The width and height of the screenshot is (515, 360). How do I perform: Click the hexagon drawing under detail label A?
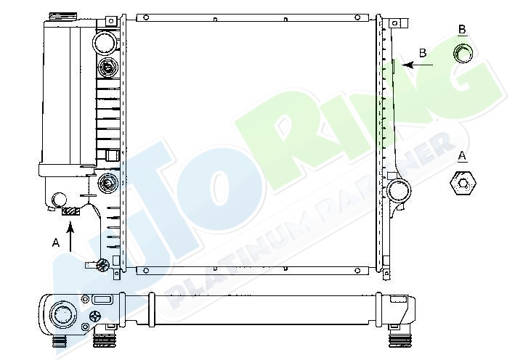coord(463,184)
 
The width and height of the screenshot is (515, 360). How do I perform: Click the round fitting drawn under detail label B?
coord(463,54)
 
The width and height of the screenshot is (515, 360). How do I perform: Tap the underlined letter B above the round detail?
coord(462,30)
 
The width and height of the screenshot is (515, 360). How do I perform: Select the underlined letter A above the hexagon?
coord(462,156)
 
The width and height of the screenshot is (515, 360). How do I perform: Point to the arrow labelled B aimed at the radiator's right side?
coord(417,65)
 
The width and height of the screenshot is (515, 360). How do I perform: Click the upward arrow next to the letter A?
coord(70,237)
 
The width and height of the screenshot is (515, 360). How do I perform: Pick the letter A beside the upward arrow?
coord(56,243)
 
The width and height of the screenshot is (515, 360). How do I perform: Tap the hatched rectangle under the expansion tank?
coord(70,211)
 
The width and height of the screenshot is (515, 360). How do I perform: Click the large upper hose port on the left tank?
coord(105,42)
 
